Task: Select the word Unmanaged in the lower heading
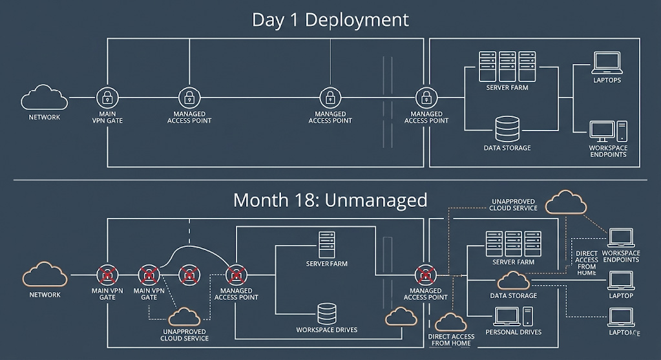(x=375, y=200)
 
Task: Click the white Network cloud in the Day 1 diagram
(x=45, y=98)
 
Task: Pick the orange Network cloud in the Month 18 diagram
(x=45, y=274)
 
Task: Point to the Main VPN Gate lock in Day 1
(x=107, y=98)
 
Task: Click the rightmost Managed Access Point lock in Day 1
(x=426, y=98)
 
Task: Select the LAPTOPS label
(x=607, y=80)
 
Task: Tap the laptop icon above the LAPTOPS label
(x=607, y=63)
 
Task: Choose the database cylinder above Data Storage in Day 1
(x=507, y=129)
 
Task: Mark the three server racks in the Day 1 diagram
(x=507, y=66)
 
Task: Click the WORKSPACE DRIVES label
(x=327, y=330)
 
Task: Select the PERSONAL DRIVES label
(x=513, y=332)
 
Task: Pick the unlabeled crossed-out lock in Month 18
(x=189, y=274)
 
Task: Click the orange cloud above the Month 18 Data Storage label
(x=514, y=281)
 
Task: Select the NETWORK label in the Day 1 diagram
(x=45, y=117)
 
